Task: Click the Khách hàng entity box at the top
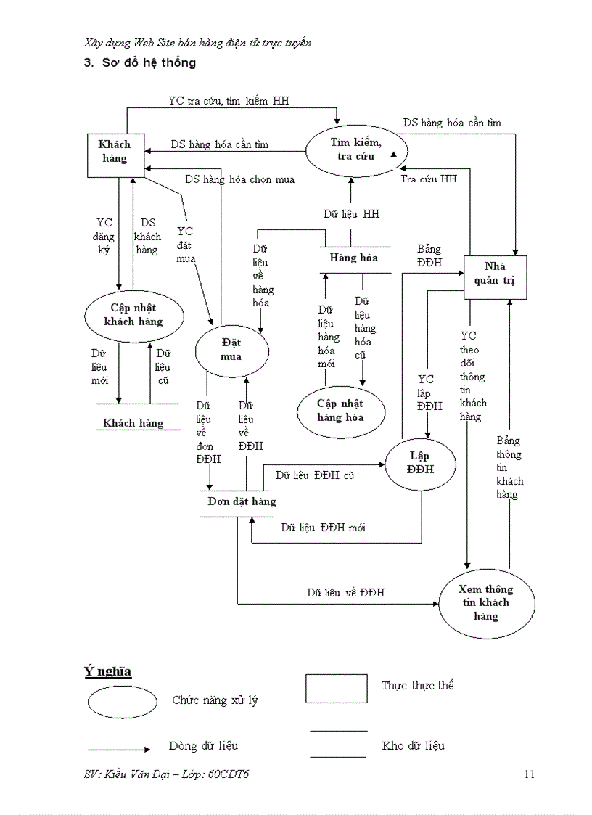(x=115, y=155)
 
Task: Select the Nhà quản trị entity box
(x=496, y=277)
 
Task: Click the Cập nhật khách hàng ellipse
(x=133, y=314)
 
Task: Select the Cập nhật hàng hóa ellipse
(x=340, y=411)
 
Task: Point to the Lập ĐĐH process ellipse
(x=421, y=462)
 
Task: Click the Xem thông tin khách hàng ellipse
(x=486, y=602)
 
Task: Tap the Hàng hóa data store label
(x=353, y=258)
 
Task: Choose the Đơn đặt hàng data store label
(x=242, y=501)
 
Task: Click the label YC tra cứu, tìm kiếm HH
(x=229, y=101)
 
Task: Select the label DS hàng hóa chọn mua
(x=239, y=179)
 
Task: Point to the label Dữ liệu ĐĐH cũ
(x=315, y=475)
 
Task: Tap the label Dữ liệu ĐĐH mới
(x=324, y=528)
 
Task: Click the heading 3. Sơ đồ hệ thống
(x=140, y=63)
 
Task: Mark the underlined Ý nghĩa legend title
(x=107, y=671)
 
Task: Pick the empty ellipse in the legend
(x=123, y=702)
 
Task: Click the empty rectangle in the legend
(x=336, y=688)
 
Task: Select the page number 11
(x=529, y=774)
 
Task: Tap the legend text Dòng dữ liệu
(x=203, y=745)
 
